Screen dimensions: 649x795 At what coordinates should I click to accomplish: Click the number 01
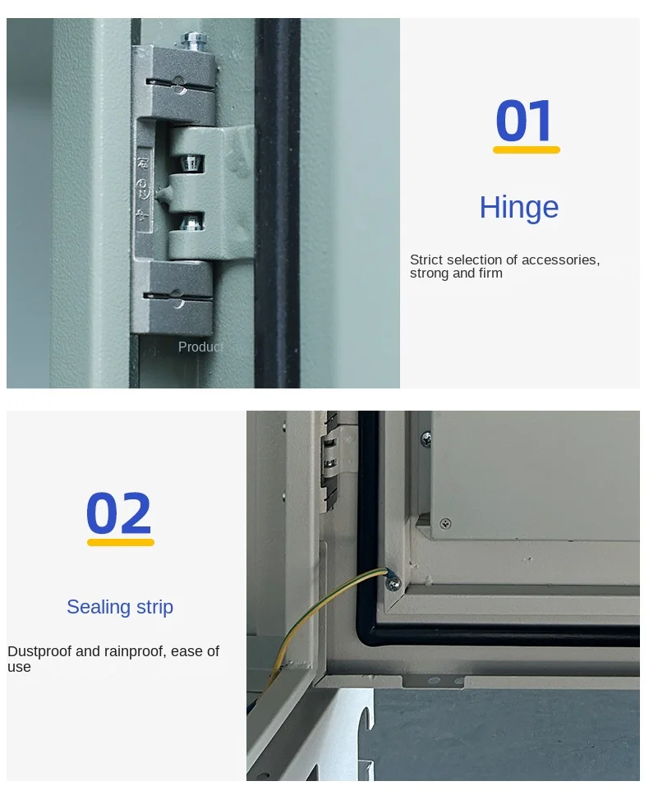point(524,121)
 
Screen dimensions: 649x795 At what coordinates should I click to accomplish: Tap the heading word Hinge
point(519,207)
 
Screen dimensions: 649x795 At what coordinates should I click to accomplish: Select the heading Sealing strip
point(120,607)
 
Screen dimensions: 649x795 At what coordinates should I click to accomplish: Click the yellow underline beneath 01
point(527,149)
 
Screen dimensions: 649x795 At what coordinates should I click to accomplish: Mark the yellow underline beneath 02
point(121,542)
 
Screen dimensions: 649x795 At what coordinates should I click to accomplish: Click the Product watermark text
point(200,347)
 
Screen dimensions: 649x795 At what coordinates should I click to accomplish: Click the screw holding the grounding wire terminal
point(393,584)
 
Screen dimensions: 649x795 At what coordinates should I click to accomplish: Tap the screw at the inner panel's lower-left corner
point(445,523)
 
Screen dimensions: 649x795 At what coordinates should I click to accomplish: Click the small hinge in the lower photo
point(330,459)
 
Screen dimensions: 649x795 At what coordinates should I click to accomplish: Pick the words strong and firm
point(456,273)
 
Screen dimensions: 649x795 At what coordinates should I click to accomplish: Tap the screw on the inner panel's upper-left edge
point(426,439)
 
